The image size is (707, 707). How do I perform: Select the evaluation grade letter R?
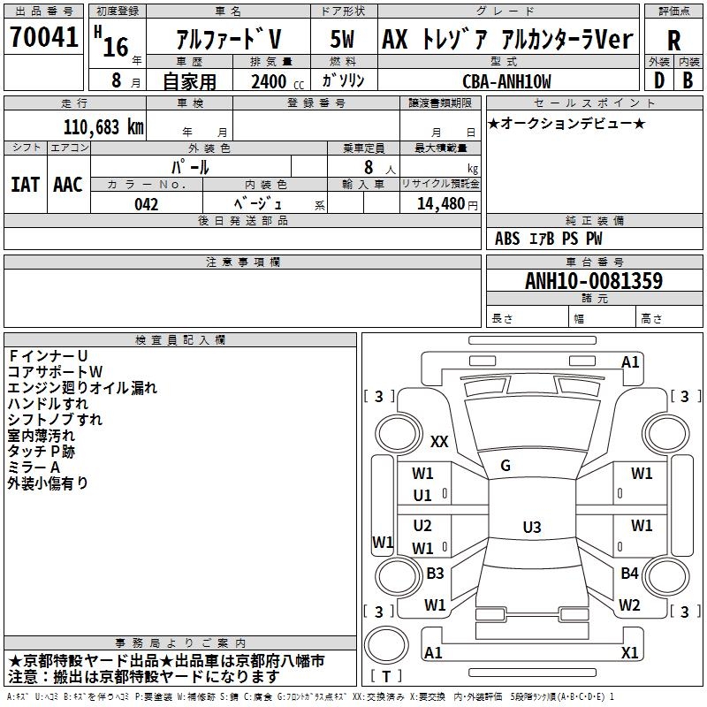673,40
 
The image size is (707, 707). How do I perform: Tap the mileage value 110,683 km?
103,126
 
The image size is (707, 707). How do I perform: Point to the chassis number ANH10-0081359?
594,281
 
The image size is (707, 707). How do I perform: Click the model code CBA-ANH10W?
506,81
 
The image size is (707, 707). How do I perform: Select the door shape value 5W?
342,40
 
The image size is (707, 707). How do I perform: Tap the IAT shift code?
25,185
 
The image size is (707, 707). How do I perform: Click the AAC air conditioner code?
68,185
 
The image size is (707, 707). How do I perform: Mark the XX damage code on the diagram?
439,441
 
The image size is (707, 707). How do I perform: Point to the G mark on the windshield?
506,466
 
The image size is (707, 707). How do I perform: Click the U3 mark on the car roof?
531,528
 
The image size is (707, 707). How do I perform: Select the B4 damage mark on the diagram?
629,574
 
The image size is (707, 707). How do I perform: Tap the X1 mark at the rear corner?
629,652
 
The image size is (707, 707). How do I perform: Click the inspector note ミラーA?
34,467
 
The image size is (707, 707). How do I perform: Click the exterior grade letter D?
658,80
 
